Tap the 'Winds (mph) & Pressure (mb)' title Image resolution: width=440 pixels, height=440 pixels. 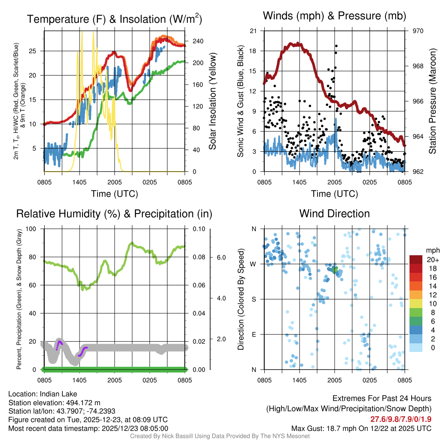334,16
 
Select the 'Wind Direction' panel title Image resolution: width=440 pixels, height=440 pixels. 334,214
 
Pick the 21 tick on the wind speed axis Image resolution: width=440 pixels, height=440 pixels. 253,31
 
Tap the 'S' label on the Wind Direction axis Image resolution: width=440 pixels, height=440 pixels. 254,299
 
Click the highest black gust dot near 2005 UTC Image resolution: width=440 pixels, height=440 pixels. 336,46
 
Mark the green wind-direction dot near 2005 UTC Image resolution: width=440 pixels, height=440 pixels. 335,269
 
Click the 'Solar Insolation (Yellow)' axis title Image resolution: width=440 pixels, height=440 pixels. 213,101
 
